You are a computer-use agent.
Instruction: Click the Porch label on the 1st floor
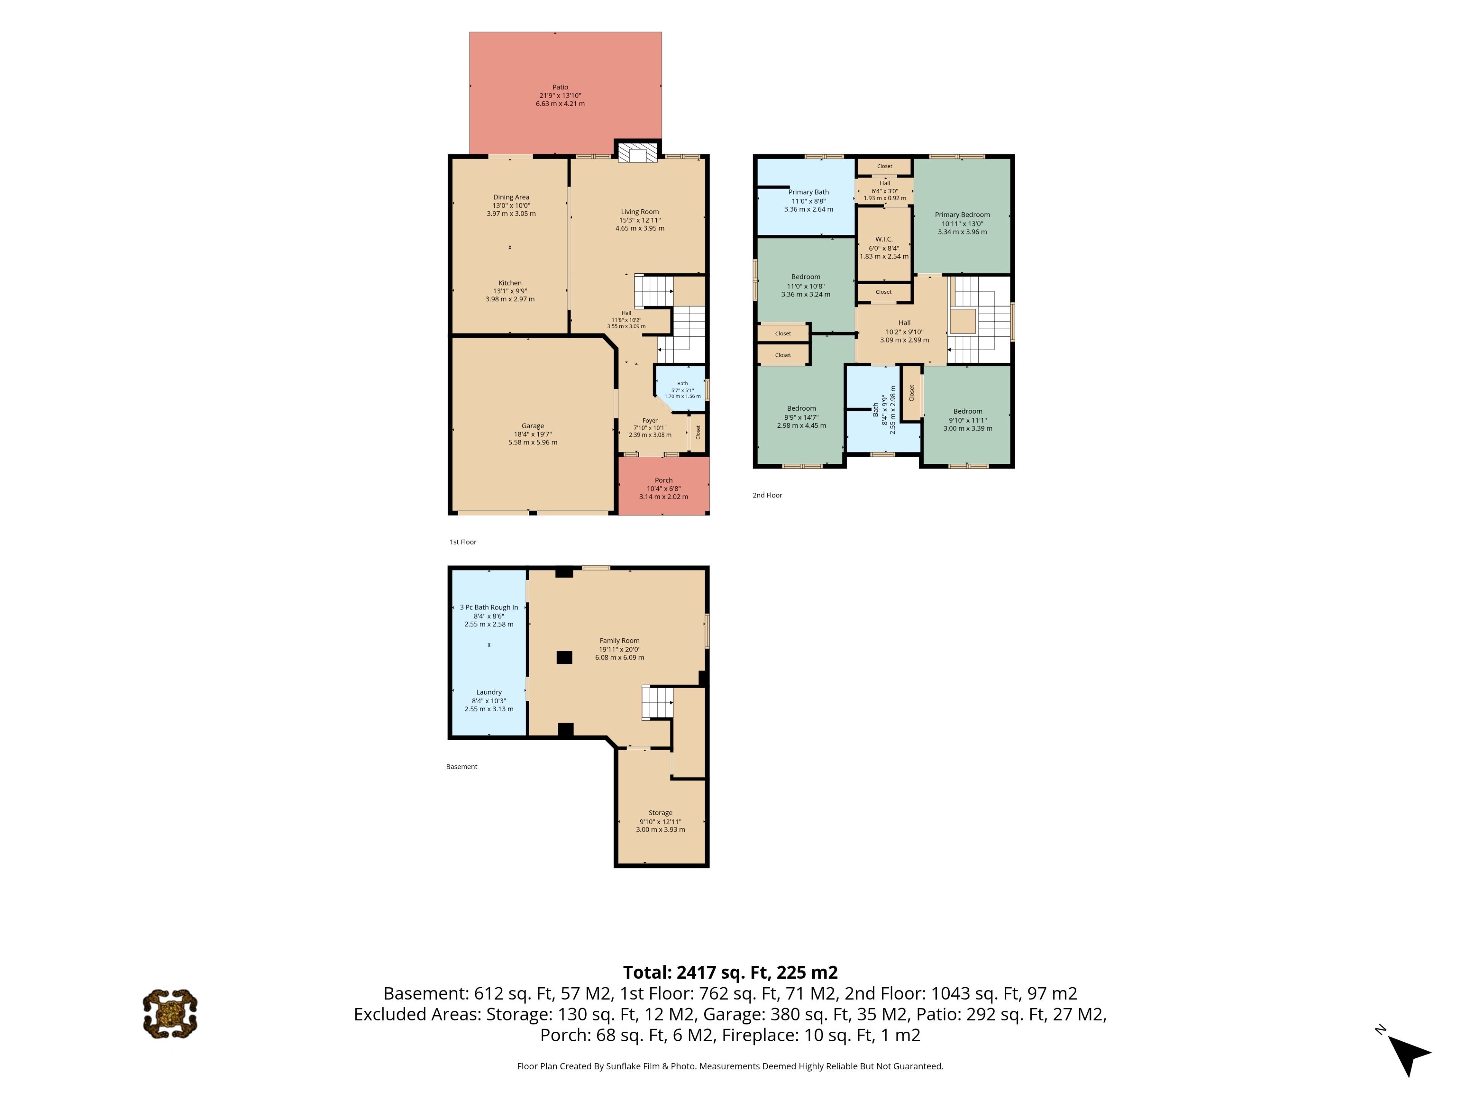pyautogui.click(x=664, y=480)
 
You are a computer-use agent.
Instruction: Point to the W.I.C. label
pyautogui.click(x=884, y=239)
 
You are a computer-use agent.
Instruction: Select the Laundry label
pyautogui.click(x=489, y=692)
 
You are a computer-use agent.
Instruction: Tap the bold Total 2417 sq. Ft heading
pyautogui.click(x=730, y=972)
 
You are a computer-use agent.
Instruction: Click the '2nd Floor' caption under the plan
pyautogui.click(x=767, y=495)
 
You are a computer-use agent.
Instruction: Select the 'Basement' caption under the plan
pyautogui.click(x=462, y=766)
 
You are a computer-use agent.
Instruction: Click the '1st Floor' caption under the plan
pyautogui.click(x=463, y=542)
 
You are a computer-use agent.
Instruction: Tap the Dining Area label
pyautogui.click(x=511, y=197)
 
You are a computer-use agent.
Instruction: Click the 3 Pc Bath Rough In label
pyautogui.click(x=489, y=607)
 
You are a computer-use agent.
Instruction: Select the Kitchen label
pyautogui.click(x=510, y=283)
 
